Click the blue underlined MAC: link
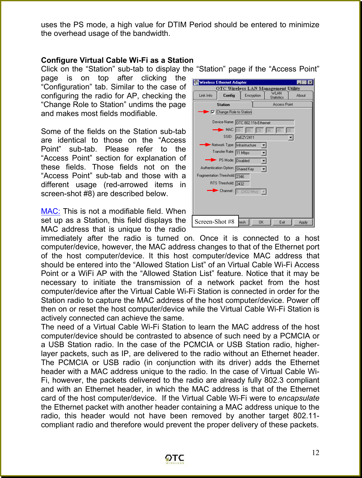click(x=50, y=211)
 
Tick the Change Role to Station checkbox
click(x=213, y=112)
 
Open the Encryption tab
click(x=252, y=96)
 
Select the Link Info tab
click(x=205, y=96)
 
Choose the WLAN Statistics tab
click(x=277, y=95)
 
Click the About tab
click(x=301, y=96)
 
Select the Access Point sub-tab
click(x=282, y=105)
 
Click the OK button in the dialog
click(x=261, y=222)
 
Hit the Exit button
click(x=282, y=222)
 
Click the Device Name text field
click(x=265, y=123)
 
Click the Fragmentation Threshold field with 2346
click(x=243, y=176)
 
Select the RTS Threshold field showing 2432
click(x=243, y=184)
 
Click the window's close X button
click(x=310, y=82)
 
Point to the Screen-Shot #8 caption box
click(x=215, y=222)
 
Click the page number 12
click(x=315, y=453)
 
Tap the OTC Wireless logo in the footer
click(x=175, y=459)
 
